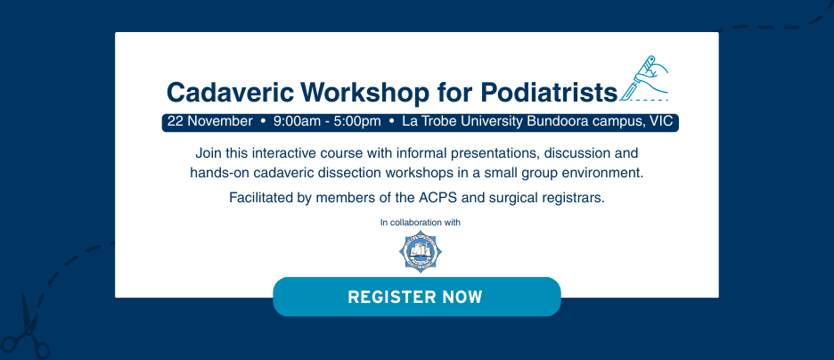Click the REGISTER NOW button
(416, 297)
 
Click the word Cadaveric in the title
(230, 92)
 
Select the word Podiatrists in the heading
(549, 92)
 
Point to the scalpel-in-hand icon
(644, 78)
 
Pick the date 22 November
(209, 121)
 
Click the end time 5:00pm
(357, 121)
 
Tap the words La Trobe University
(462, 121)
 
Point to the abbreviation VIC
(661, 121)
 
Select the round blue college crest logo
(421, 251)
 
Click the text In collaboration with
(421, 222)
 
